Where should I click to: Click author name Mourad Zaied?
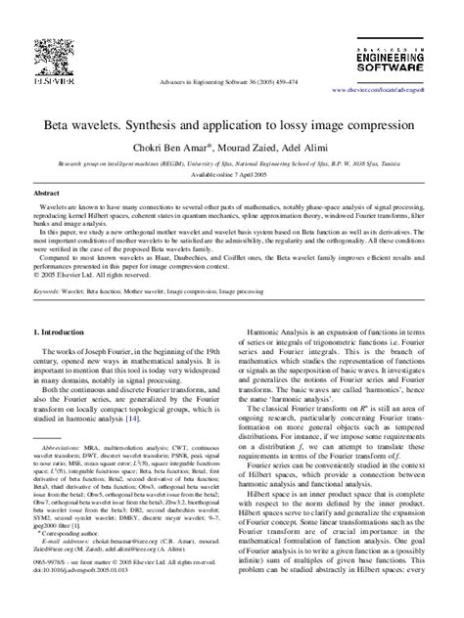tap(262, 146)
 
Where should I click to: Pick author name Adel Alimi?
tap(323, 146)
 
